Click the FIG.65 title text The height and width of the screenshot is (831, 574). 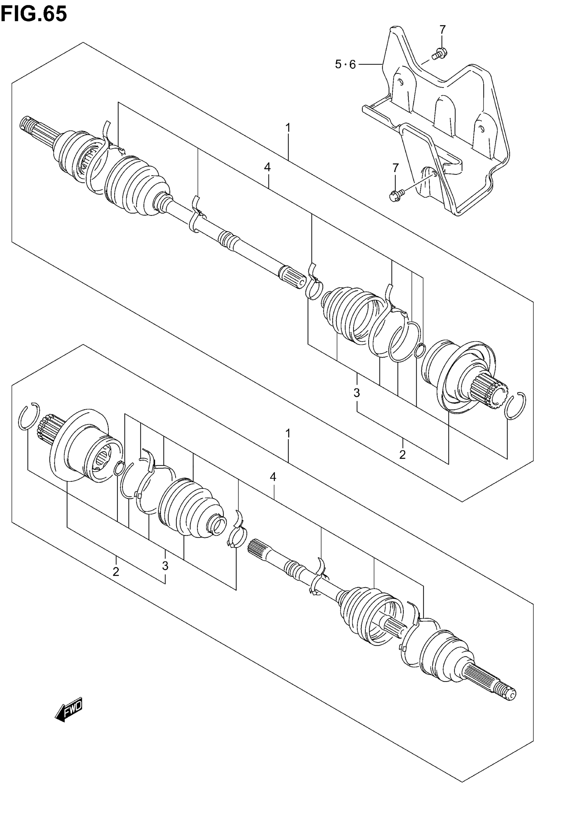point(34,15)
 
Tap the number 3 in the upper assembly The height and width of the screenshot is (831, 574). point(357,393)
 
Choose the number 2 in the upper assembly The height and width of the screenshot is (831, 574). point(402,455)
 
